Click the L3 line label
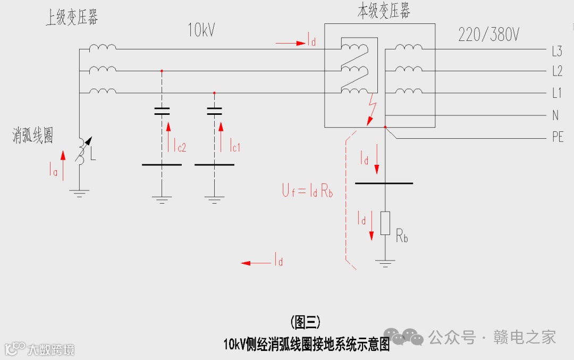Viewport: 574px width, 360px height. click(x=556, y=52)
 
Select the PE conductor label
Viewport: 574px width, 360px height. click(x=557, y=137)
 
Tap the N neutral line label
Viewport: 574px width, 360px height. click(x=555, y=115)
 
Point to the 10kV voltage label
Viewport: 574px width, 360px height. click(x=201, y=30)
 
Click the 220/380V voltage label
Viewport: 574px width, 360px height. click(x=488, y=35)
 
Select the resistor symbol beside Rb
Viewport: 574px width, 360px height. click(x=385, y=223)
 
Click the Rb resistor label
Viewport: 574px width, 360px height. click(x=402, y=236)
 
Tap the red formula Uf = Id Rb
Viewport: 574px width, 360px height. click(x=307, y=191)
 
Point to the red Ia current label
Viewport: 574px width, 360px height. click(x=53, y=170)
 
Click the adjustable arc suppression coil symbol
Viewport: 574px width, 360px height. click(x=82, y=152)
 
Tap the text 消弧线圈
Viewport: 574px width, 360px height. click(x=33, y=135)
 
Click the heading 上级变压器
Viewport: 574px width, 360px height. click(x=72, y=18)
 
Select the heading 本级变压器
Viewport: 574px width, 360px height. click(x=383, y=11)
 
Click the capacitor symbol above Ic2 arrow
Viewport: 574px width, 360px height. click(x=162, y=111)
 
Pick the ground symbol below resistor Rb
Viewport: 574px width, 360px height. click(x=385, y=263)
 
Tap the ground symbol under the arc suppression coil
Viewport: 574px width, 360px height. click(x=80, y=193)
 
